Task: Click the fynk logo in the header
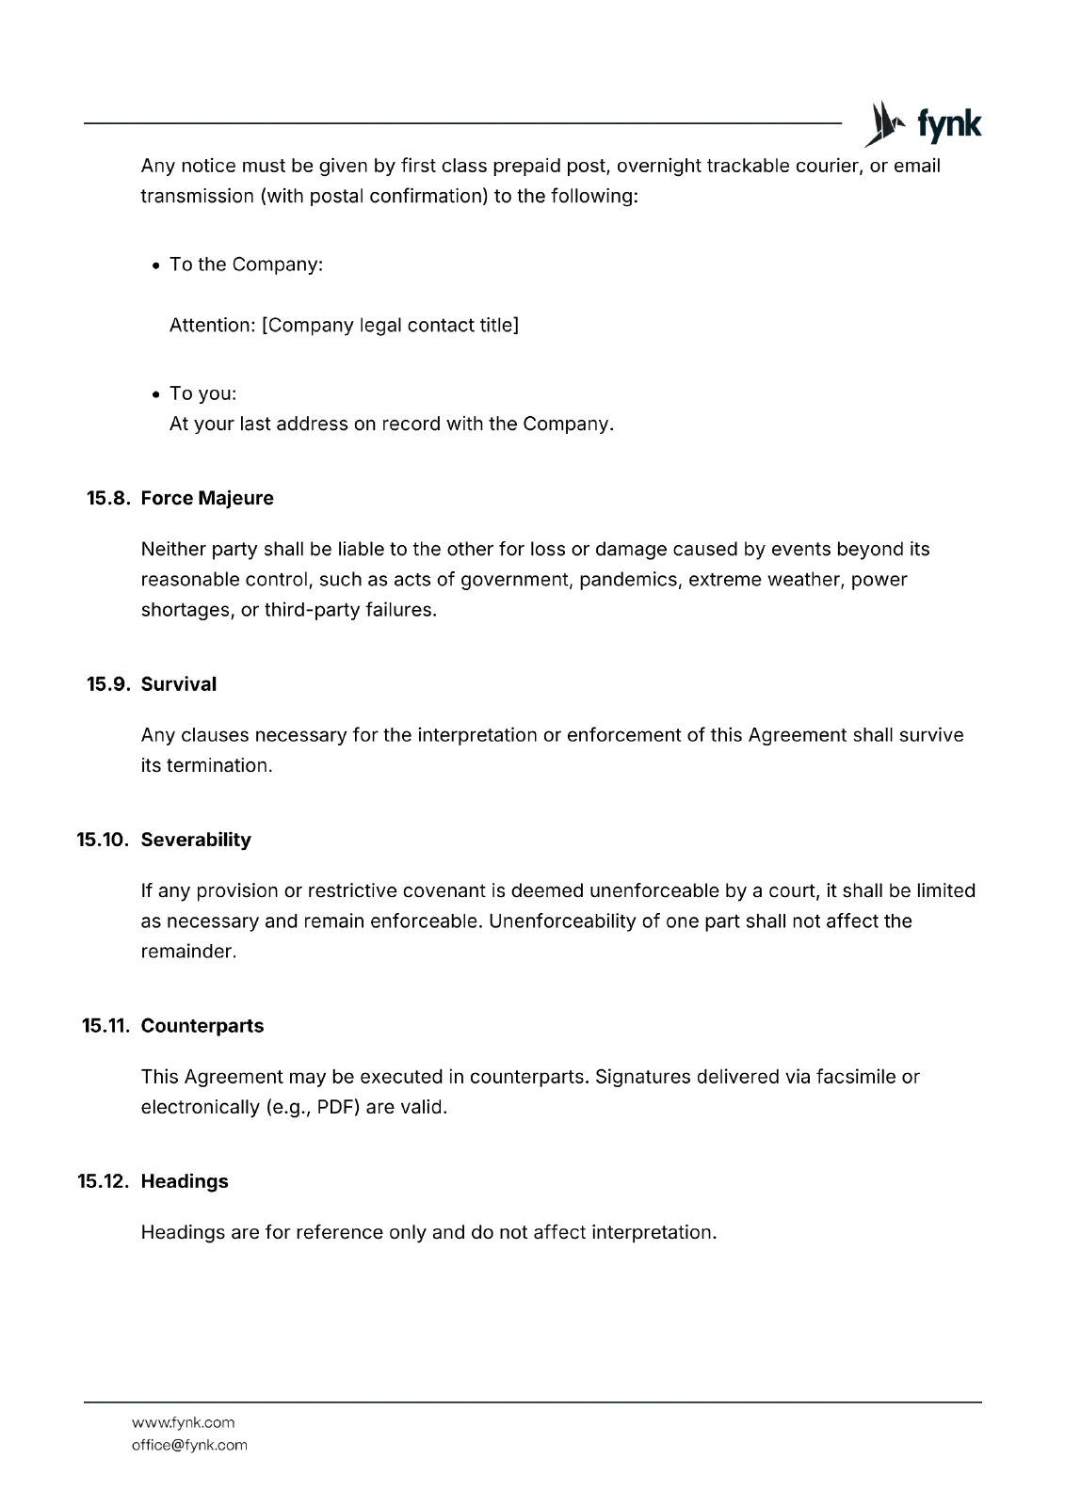point(923,124)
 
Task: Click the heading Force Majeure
point(207,498)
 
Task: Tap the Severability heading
point(196,840)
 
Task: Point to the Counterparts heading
point(202,1026)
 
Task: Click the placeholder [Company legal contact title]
point(390,326)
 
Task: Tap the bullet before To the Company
point(156,265)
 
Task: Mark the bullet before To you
point(156,394)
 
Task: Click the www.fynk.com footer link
point(183,1422)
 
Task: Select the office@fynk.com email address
point(189,1445)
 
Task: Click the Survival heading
point(179,684)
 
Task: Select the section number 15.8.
point(107,498)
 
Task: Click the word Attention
point(212,326)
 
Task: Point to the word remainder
point(187,952)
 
